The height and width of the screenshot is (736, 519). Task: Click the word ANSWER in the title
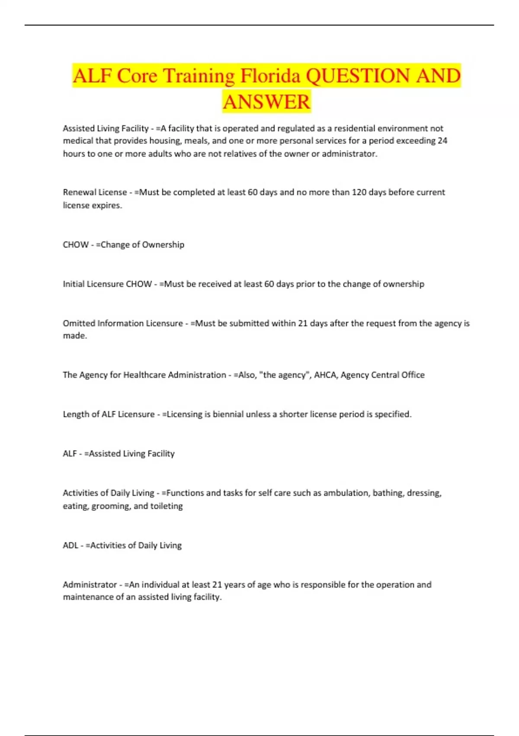(x=266, y=102)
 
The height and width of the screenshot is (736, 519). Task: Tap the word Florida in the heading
(x=270, y=76)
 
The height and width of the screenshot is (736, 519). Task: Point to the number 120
(x=359, y=192)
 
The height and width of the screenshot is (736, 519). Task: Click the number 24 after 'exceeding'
(x=442, y=141)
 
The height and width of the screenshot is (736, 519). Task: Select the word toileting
(x=167, y=506)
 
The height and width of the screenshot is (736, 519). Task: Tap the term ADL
(x=70, y=546)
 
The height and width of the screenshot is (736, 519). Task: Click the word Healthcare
(x=144, y=375)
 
